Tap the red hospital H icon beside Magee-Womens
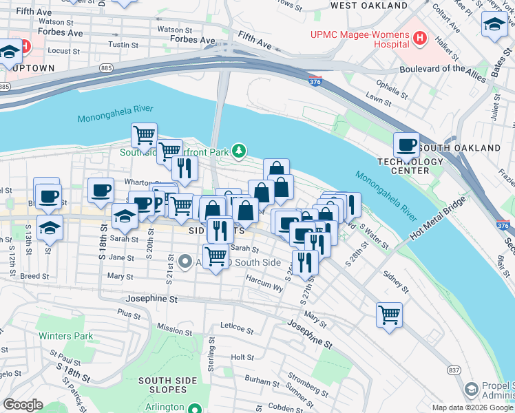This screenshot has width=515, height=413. coord(417,36)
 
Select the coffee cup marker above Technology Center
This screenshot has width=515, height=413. coord(406,145)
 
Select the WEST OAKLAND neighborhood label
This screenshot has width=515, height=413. coord(368,6)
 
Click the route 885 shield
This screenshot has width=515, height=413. coord(106,68)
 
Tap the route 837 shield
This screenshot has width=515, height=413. coord(454,370)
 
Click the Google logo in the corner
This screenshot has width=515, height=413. coord(23,405)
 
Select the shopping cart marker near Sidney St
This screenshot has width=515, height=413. coord(389,315)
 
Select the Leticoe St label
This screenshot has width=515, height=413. coord(238,325)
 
